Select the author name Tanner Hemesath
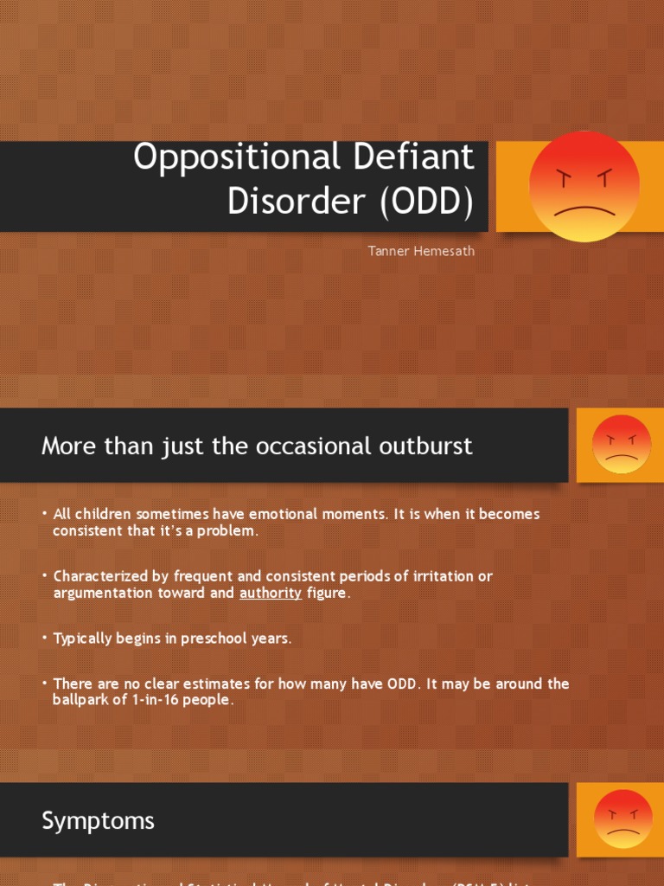420,251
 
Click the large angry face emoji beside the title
584,186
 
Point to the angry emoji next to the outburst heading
621,443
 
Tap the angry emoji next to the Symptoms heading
623,819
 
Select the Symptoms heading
98,821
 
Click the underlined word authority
271,594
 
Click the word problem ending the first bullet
229,531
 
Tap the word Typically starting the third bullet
80,639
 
